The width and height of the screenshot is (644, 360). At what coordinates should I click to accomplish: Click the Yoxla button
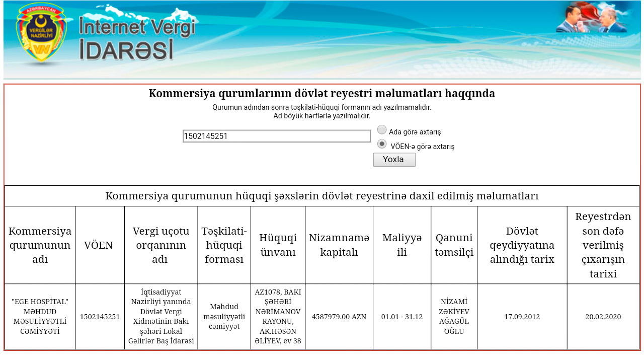[x=394, y=160]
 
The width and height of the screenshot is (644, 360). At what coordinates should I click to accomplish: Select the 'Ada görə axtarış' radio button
[x=382, y=130]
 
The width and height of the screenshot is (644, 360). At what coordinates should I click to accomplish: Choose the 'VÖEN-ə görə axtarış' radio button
[x=382, y=144]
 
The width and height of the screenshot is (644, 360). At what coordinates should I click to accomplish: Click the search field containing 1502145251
[x=277, y=136]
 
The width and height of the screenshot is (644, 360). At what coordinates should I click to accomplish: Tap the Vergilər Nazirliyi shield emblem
[x=41, y=33]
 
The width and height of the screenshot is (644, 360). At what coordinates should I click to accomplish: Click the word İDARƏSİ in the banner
[x=126, y=50]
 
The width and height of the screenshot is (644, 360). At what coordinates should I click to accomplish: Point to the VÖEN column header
[x=98, y=245]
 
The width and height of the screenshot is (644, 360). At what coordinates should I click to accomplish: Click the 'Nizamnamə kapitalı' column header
[x=339, y=245]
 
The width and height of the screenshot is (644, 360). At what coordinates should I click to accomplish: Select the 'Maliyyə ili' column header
[x=402, y=245]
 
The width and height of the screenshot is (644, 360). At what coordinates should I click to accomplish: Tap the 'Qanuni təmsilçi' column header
[x=454, y=245]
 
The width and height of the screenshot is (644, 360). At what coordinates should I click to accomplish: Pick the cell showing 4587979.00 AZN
[x=339, y=317]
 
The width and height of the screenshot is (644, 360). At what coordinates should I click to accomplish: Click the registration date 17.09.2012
[x=522, y=317]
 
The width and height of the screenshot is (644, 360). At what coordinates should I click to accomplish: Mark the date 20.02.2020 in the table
[x=603, y=317]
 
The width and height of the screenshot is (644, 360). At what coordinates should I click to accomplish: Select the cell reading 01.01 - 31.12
[x=402, y=317]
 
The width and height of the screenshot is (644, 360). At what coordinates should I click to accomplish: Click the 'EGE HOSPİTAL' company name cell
[x=40, y=317]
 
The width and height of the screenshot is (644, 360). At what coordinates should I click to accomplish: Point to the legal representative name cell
[x=454, y=317]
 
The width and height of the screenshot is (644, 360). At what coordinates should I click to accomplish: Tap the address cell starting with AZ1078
[x=278, y=317]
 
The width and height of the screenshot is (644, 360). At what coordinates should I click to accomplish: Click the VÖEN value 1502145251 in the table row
[x=100, y=317]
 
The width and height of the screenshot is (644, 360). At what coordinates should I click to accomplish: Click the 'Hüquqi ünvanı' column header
[x=278, y=245]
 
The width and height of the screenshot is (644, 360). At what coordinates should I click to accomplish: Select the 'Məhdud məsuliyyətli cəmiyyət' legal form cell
[x=224, y=317]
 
